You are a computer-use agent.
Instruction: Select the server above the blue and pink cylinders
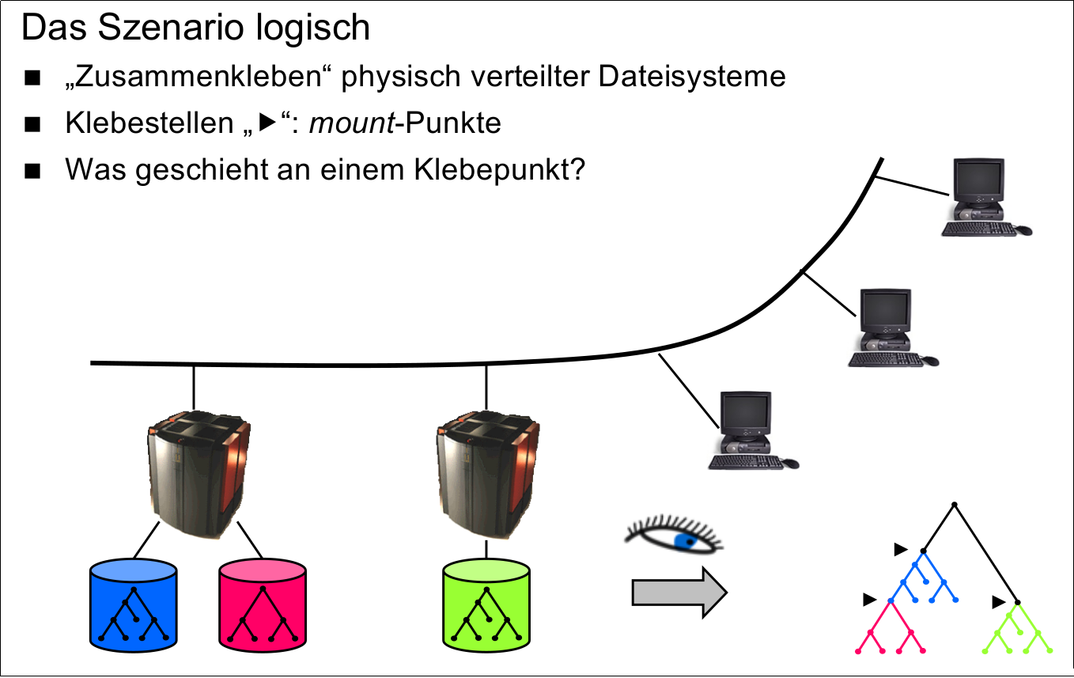point(198,475)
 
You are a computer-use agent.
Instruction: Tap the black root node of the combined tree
point(955,504)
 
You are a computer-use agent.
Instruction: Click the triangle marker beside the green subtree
point(998,603)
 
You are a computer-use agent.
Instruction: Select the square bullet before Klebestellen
point(32,125)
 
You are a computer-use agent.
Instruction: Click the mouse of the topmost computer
point(1023,230)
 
